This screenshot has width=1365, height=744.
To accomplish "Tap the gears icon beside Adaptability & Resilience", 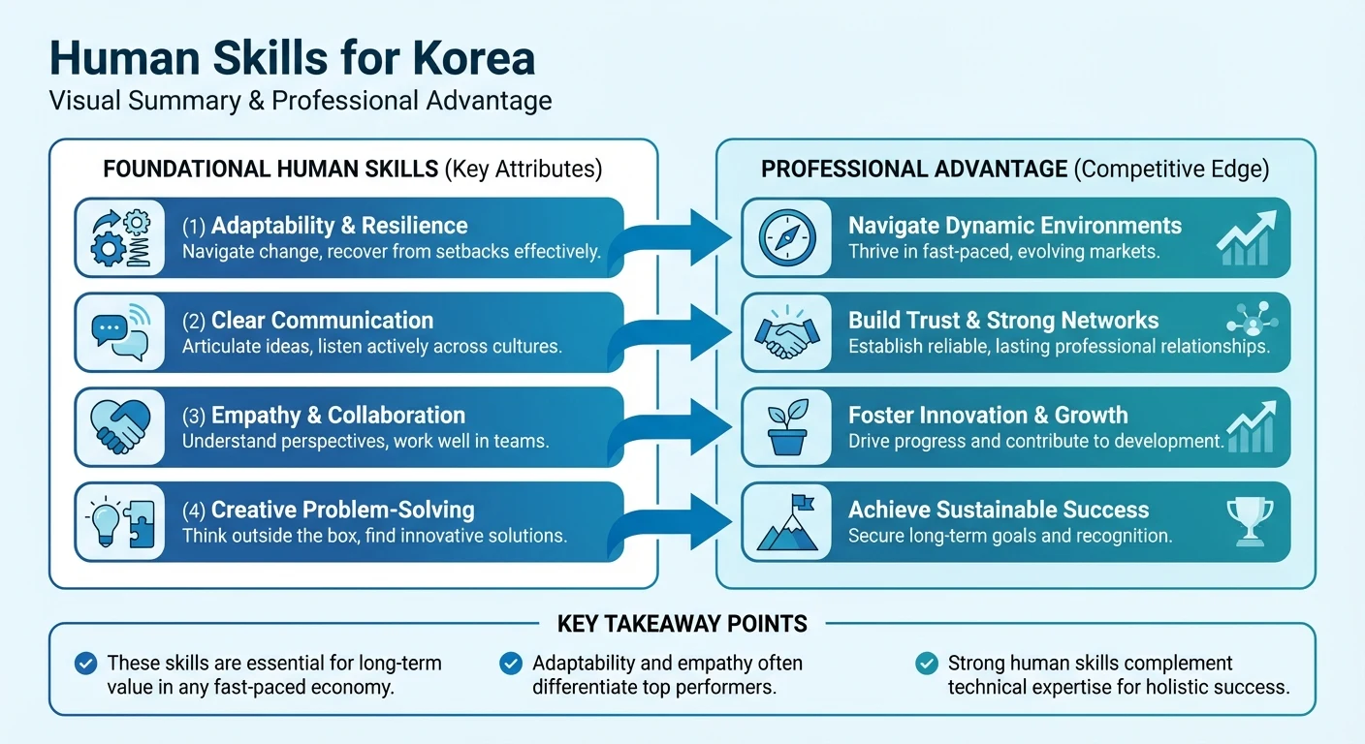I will point(119,237).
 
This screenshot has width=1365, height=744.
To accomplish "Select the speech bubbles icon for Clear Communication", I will point(119,332).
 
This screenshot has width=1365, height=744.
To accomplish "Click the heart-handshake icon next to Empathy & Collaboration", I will point(119,427).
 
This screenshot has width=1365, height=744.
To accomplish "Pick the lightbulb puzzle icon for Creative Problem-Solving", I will point(119,522).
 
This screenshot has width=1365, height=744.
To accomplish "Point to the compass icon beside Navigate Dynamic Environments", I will point(786,237).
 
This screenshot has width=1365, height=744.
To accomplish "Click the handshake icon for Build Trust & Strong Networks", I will point(786,332).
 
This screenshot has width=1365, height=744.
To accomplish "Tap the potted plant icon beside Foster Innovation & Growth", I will point(786,427).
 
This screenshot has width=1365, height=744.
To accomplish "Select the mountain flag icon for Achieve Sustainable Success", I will point(786,522).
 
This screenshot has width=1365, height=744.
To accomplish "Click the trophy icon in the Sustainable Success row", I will point(1251,520).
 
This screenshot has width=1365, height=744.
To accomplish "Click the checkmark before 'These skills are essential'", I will point(86,664).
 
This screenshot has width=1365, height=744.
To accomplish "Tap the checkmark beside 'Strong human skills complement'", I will point(927,664).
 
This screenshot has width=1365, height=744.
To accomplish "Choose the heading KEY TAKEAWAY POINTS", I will point(682,624).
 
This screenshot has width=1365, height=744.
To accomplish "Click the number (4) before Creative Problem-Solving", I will point(194,510).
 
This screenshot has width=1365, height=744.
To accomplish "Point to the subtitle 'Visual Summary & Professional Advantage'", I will point(301,100).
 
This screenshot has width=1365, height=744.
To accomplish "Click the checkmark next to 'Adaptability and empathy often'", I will point(511,664).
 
